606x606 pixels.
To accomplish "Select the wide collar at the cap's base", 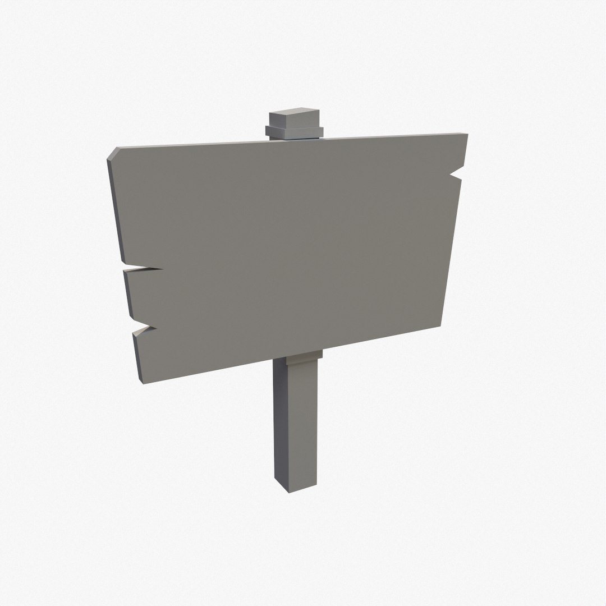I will pyautogui.click(x=294, y=133).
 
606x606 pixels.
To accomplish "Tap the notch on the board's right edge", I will pyautogui.click(x=457, y=173).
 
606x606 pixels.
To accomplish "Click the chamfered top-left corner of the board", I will pyautogui.click(x=112, y=154).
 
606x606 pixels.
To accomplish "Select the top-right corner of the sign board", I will pyautogui.click(x=465, y=135).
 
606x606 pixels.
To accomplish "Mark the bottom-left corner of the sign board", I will pyautogui.click(x=141, y=382).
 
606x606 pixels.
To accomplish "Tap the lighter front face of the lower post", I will pyautogui.click(x=303, y=421).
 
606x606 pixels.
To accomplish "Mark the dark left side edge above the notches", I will pyautogui.click(x=116, y=213).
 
